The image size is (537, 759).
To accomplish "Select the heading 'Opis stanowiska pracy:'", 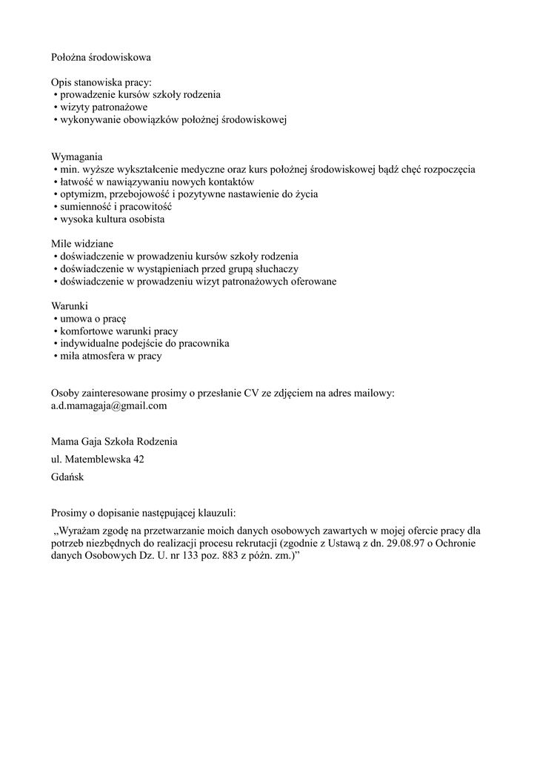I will tap(101, 82).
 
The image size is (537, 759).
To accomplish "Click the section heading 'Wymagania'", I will tap(77, 157).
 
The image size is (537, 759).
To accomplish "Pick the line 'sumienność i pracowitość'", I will tap(116, 207).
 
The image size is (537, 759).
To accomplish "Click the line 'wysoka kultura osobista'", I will tap(112, 219).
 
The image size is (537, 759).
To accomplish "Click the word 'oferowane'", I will tap(312, 282).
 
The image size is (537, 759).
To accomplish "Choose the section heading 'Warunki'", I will tap(70, 305).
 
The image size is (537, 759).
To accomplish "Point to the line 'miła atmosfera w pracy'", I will tap(110, 356).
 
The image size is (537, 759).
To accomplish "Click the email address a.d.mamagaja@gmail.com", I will tap(109, 405).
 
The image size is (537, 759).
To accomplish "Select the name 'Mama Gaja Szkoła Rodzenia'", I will tap(114, 441).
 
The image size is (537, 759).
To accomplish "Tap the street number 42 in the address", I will tap(138, 460).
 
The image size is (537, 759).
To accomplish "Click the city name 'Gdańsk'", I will tap(67, 477).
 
